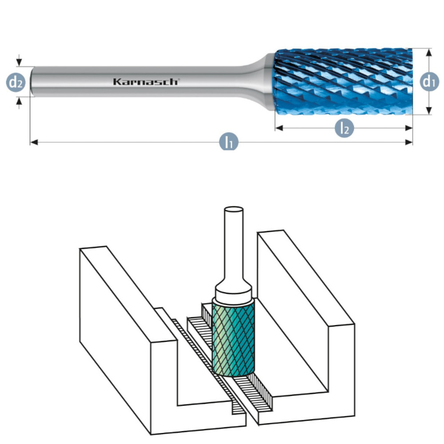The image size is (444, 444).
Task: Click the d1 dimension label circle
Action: pos(429,81)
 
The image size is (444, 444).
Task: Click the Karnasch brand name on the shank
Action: pos(145,82)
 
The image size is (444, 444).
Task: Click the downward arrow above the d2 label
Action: pos(19,63)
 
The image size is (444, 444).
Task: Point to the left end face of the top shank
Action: pos(32,81)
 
